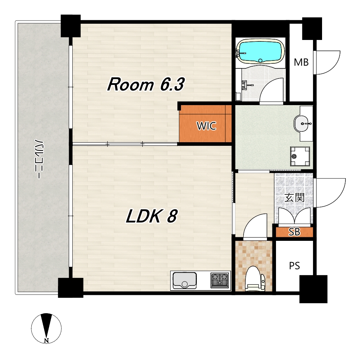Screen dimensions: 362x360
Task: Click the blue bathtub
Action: point(261,51)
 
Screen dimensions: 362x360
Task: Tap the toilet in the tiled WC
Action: point(254,278)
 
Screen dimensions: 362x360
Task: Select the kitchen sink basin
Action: point(185,280)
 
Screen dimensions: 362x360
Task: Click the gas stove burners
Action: point(220,280)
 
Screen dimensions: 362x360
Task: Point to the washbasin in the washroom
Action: point(302,123)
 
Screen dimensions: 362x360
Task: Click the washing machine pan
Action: point(300,156)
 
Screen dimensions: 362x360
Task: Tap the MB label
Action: point(301,62)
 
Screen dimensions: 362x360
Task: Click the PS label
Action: point(294,266)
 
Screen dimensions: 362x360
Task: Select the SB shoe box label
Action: point(294,232)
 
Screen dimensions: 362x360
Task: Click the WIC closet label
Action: point(206,126)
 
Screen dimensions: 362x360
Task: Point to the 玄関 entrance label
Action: point(294,198)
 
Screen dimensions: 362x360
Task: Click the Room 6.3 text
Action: point(146,85)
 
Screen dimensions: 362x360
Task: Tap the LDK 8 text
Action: point(151,216)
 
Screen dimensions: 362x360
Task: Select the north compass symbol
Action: point(46,328)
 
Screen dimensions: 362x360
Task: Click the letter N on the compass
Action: point(47,340)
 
